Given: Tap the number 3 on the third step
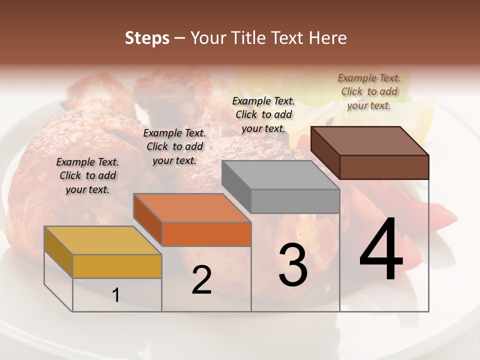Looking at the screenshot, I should click(292, 264).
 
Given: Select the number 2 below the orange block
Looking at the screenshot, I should click(201, 280).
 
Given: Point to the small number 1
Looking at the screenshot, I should click(116, 295).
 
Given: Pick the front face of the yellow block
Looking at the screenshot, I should click(117, 266).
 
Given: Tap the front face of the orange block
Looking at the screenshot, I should click(206, 234).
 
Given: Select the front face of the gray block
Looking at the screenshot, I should click(295, 201).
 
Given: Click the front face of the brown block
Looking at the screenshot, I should click(384, 167).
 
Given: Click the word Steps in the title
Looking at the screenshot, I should click(147, 38).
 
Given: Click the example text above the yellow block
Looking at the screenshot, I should click(87, 175).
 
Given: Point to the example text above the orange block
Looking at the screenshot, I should click(174, 146).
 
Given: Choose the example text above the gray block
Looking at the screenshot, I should click(263, 114).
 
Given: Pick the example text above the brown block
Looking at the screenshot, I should click(369, 91).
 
